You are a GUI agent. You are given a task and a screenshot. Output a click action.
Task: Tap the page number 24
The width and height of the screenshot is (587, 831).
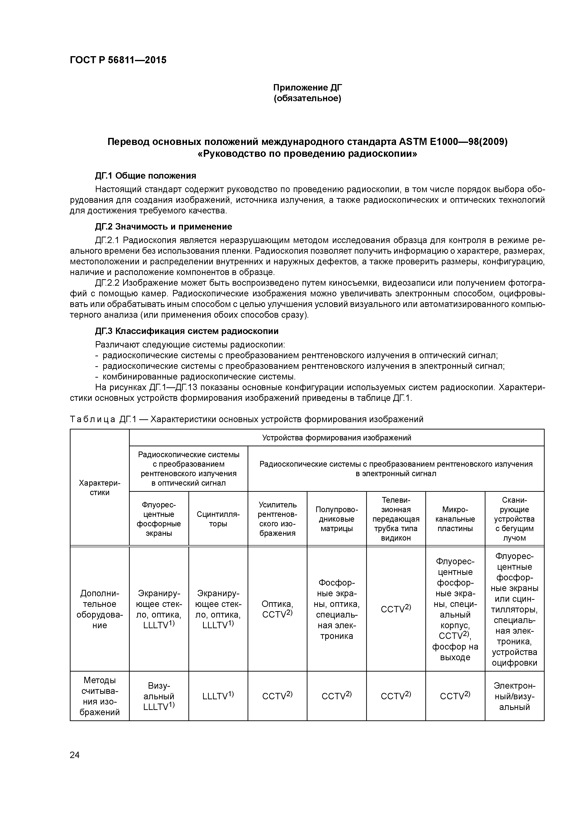[x=75, y=755]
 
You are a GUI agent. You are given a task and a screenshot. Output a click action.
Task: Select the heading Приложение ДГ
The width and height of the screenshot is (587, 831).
[x=307, y=88]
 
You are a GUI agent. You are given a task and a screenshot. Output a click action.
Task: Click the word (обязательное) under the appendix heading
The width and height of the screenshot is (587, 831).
[x=307, y=99]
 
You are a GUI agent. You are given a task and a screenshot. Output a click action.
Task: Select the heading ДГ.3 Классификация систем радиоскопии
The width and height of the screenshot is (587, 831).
[x=187, y=331]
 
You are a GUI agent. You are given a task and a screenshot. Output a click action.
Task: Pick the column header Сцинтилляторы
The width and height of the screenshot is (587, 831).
[x=218, y=519]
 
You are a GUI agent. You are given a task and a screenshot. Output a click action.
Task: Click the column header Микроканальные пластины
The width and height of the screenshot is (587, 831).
[x=455, y=519]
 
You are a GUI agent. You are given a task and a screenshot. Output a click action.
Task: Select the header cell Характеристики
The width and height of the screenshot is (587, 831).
[x=99, y=488]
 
